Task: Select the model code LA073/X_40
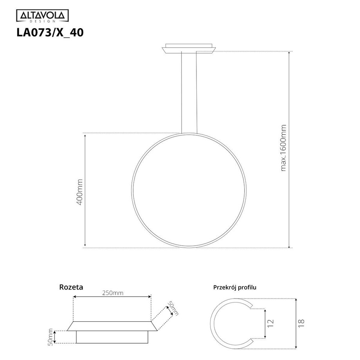[x=49, y=33]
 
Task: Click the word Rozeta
[x=71, y=287]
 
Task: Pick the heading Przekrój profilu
[x=234, y=287]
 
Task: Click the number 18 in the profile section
[x=301, y=323]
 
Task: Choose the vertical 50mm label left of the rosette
[x=50, y=336]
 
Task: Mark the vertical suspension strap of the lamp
[x=189, y=92]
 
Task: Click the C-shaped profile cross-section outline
[x=219, y=323]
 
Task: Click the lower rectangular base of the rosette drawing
[x=112, y=337]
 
